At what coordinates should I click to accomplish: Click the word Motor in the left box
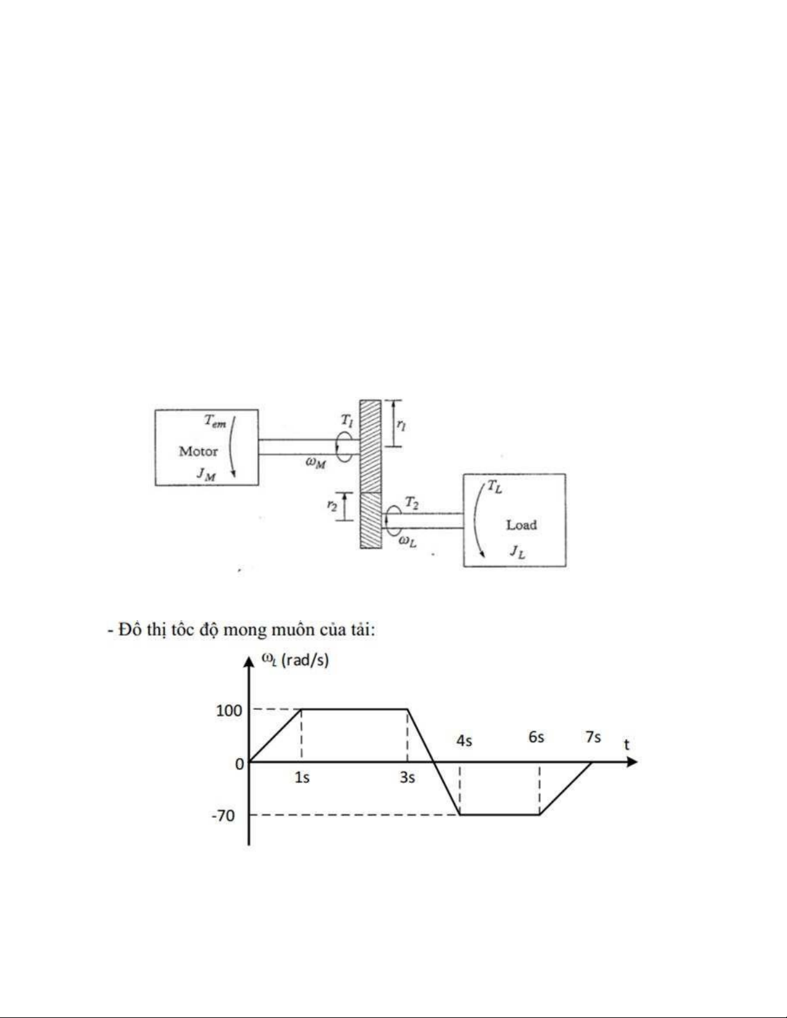(x=198, y=451)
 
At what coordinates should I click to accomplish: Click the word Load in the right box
(x=521, y=525)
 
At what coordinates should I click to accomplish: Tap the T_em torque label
(x=215, y=421)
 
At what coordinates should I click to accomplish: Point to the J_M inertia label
(x=206, y=474)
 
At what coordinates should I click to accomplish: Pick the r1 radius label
(x=402, y=425)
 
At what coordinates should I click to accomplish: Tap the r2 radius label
(x=332, y=505)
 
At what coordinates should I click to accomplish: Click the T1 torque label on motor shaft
(x=347, y=420)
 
